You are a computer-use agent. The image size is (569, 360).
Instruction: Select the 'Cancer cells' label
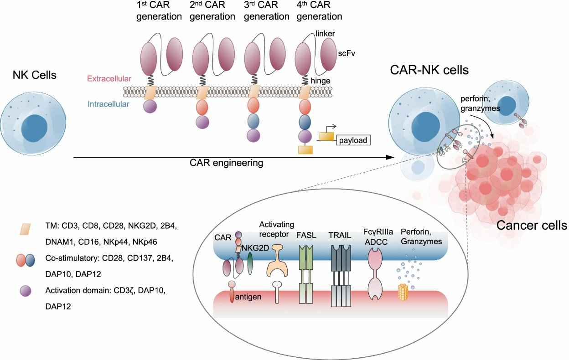532,225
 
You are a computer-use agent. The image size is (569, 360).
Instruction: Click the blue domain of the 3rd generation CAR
254,121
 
